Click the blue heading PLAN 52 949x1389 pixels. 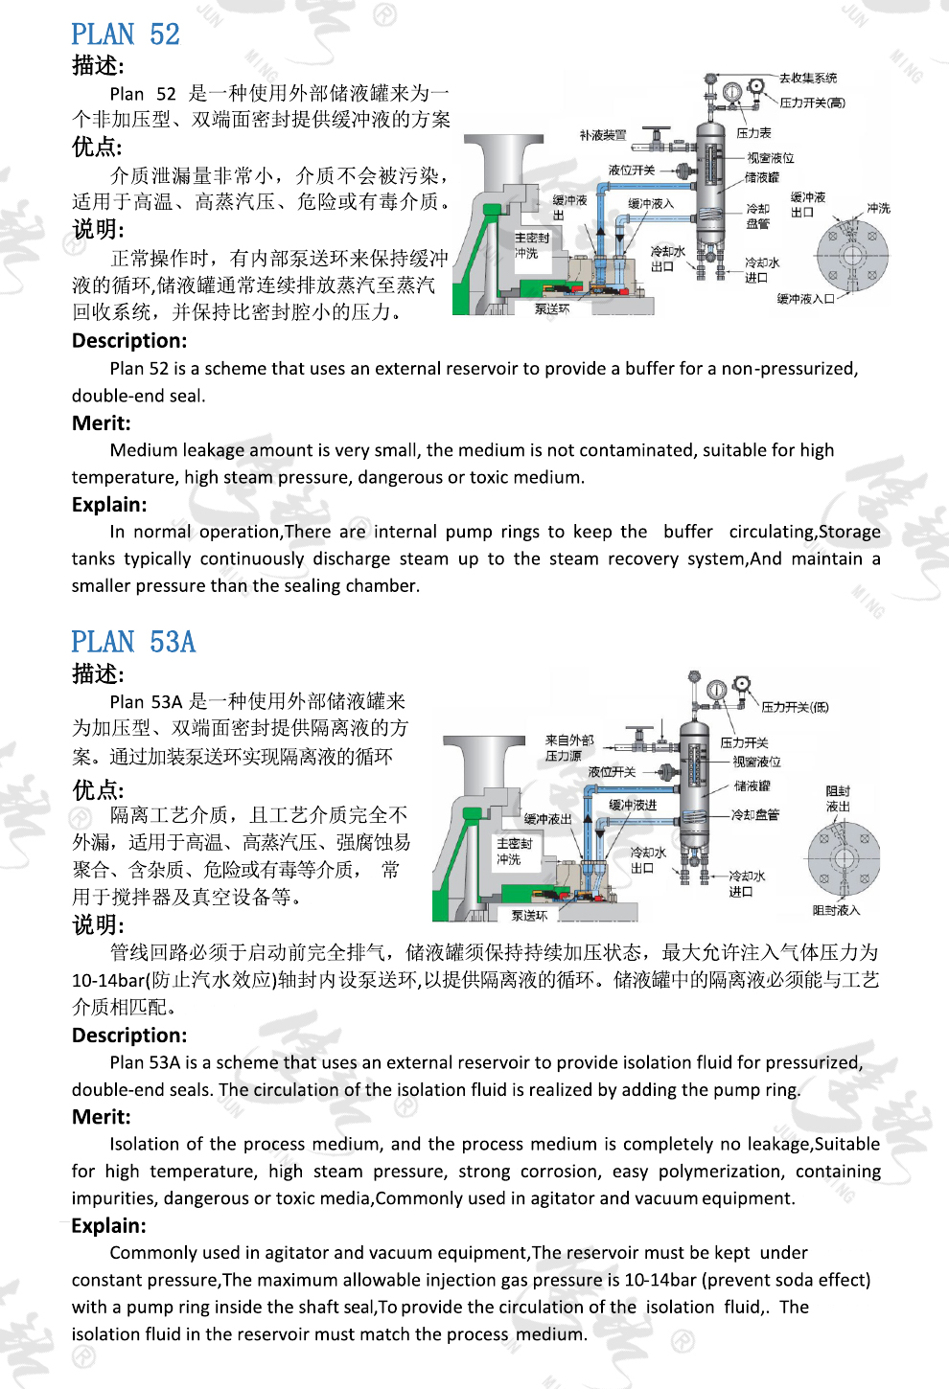[x=126, y=34]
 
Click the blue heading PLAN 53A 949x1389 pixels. [x=133, y=642]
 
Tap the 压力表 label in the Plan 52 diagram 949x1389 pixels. [x=753, y=133]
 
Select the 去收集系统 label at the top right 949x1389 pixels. [x=807, y=79]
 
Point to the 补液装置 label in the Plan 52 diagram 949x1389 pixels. [x=602, y=136]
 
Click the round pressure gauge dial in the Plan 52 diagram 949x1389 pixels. [x=732, y=93]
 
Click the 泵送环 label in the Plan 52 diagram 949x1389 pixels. [x=552, y=309]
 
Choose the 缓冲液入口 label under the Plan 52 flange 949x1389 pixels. [x=805, y=299]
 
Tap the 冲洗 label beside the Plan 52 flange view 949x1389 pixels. [x=878, y=208]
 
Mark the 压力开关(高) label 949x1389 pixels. [x=812, y=102]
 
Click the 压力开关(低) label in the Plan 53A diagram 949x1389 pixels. [x=795, y=707]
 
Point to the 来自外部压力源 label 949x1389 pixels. [x=568, y=747]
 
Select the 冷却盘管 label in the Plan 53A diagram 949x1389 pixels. [x=754, y=814]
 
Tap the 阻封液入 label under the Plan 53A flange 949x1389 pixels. [x=836, y=910]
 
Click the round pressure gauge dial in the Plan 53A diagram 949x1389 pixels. [x=716, y=691]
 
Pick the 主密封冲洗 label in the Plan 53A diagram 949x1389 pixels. [x=514, y=851]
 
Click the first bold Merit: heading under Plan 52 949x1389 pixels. [x=101, y=423]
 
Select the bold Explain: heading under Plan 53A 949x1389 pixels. [x=108, y=1226]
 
